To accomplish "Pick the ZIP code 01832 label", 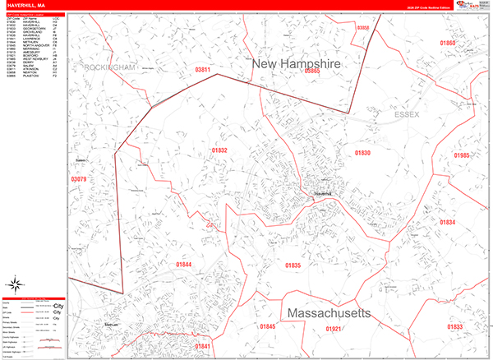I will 219,150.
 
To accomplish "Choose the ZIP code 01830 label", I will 362,153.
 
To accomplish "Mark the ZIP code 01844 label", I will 183,264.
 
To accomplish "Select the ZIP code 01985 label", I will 462,155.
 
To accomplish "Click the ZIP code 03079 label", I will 79,178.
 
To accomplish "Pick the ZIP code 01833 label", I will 454,327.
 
